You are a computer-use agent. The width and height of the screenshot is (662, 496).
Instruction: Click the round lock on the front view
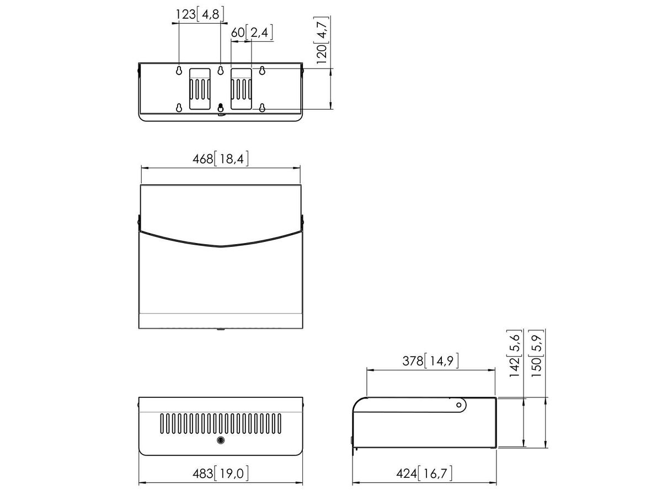tap(221, 440)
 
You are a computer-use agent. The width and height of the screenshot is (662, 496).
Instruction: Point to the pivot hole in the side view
tap(458, 406)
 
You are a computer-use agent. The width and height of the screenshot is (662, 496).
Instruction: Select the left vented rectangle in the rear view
tap(200, 89)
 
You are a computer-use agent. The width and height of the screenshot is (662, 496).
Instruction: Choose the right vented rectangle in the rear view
tap(241, 89)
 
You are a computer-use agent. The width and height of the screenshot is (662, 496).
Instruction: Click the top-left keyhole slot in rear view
tap(179, 71)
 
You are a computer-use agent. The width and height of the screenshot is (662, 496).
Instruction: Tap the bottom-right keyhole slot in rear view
tap(263, 107)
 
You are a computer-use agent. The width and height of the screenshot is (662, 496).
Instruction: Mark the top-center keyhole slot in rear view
tap(221, 71)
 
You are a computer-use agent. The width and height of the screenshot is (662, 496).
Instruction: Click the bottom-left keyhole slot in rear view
tap(179, 107)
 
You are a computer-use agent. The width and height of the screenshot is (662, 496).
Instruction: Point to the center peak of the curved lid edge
tap(221, 246)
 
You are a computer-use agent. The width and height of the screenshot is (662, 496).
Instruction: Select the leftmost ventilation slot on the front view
tap(163, 423)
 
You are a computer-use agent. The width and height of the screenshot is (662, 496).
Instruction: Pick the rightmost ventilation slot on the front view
tap(279, 423)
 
